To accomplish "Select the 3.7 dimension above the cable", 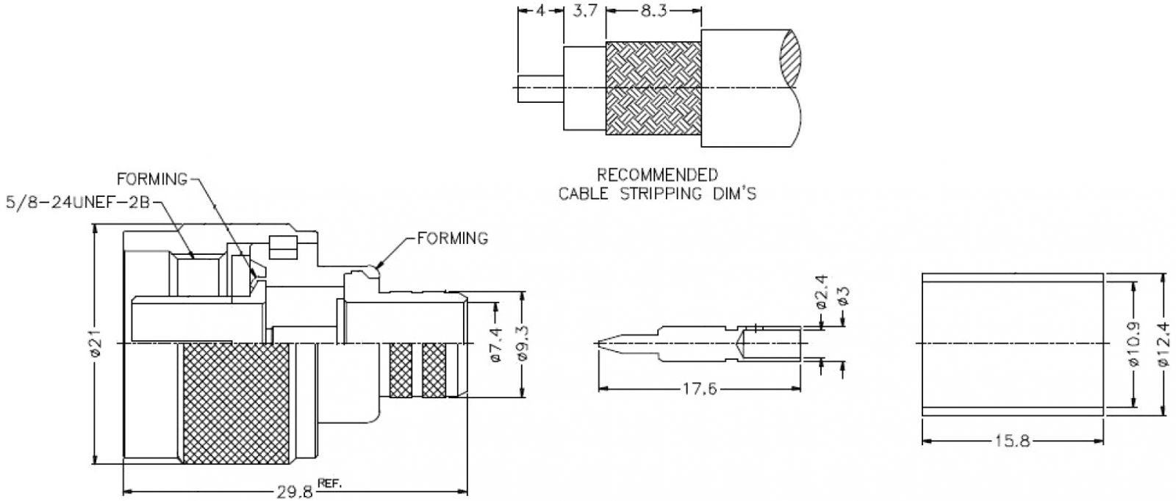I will click(584, 11).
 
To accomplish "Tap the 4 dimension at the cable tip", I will click(541, 11).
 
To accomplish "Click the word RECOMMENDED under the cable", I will click(657, 176).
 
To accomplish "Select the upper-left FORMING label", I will click(153, 179).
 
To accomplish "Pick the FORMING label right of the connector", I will click(453, 238).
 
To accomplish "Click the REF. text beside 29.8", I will click(331, 484).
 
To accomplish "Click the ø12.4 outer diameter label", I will click(1164, 345).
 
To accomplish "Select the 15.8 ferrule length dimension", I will click(1013, 441).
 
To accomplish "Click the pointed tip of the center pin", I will click(598, 342).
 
